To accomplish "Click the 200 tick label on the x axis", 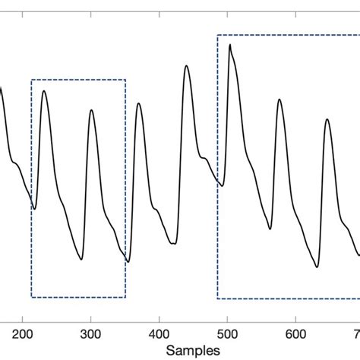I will pos(23,333).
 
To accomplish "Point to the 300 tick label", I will pos(91,333).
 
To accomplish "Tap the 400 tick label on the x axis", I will pos(159,333).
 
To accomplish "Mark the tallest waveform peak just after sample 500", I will pos(230,45).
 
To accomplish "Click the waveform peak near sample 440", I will pos(186,66).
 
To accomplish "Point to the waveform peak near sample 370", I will pos(139,103).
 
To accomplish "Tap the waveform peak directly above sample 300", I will pos(91,110).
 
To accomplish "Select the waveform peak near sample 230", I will pos(44,91).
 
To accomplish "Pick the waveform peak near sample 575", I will pos(279,99).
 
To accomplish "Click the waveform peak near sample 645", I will pos(327,119).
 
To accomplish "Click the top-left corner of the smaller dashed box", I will pos(32,80).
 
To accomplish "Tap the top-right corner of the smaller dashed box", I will pos(125,80).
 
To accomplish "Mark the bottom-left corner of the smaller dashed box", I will pos(32,297).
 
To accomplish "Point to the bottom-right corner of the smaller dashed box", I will pos(125,297).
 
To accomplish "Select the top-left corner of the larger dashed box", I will pos(218,35).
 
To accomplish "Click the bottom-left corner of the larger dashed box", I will pos(218,298).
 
